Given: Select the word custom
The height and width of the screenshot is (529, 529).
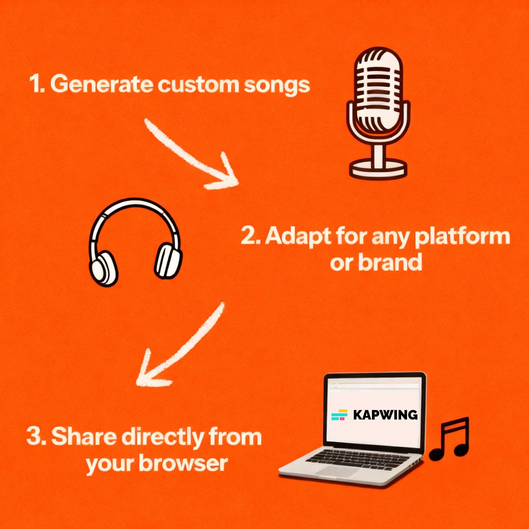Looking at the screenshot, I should click(x=198, y=85).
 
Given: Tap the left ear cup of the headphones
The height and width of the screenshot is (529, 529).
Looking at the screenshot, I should click(x=103, y=269).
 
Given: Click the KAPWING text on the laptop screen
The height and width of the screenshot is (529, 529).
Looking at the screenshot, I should click(x=385, y=415).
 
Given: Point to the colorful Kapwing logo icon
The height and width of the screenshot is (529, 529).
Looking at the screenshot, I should click(x=339, y=415).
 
